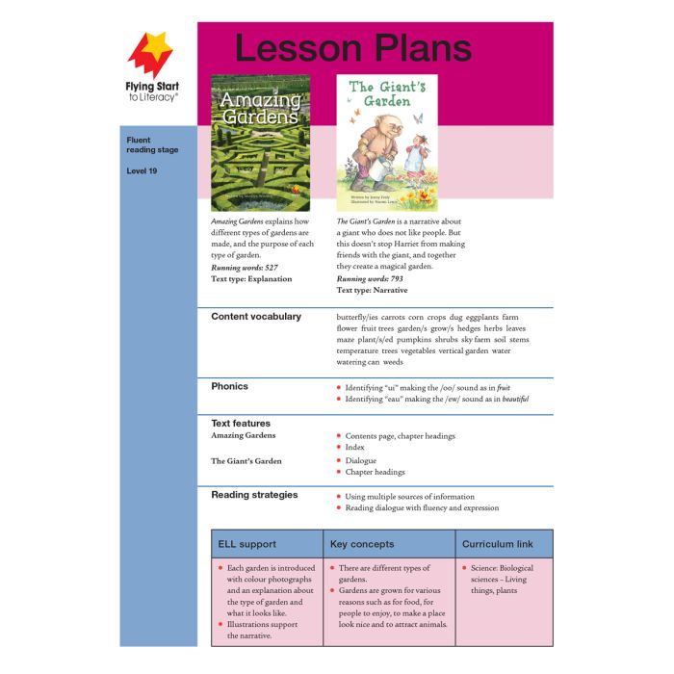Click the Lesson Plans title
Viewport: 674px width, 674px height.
(x=353, y=48)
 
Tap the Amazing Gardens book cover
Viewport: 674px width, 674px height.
(x=260, y=143)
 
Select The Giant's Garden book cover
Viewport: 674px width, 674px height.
(x=386, y=143)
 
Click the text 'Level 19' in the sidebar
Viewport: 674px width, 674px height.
(x=142, y=171)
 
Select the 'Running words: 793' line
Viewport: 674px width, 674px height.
(x=370, y=278)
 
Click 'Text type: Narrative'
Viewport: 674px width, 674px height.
(x=372, y=290)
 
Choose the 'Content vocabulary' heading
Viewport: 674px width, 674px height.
(x=256, y=317)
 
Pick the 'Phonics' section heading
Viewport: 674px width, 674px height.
(x=229, y=386)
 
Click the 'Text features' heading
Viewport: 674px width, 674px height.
(x=241, y=423)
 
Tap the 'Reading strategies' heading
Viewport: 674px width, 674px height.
(x=254, y=495)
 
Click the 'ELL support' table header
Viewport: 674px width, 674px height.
(x=247, y=544)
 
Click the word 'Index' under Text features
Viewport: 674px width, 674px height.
(x=355, y=447)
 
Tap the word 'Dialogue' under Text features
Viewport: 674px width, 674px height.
(x=361, y=460)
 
